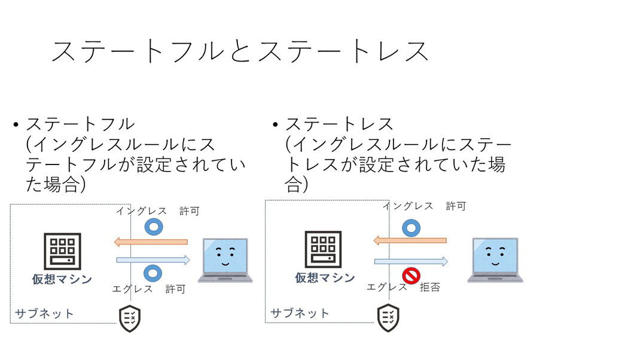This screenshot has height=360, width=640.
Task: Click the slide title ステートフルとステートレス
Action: pos(240,51)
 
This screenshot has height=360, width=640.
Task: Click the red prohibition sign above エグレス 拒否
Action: pos(411,276)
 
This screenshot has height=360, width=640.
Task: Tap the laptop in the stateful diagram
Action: pos(225,260)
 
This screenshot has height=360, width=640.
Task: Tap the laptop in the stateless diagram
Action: pos(495,260)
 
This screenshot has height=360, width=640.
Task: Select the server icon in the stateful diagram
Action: pos(62,251)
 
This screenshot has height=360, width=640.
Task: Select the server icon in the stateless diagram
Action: pos(323,249)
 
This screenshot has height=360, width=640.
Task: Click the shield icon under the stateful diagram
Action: pos(130,318)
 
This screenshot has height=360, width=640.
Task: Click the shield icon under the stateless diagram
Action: pos(388,318)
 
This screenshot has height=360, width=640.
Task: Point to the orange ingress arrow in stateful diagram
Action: pos(151,242)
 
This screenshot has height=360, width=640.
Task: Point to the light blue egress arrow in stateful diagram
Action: pos(153,260)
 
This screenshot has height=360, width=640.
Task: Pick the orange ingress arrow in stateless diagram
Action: pos(410,240)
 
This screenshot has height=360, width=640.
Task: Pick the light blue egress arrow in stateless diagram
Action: pos(411,261)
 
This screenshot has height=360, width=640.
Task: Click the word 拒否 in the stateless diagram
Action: pos(430,288)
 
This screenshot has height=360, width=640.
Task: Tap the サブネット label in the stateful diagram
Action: pos(44,313)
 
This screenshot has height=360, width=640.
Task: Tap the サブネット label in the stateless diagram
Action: pos(300,313)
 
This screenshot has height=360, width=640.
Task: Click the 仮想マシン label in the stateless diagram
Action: pos(325,278)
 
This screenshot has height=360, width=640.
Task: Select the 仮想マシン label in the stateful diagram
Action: pos(62,279)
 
